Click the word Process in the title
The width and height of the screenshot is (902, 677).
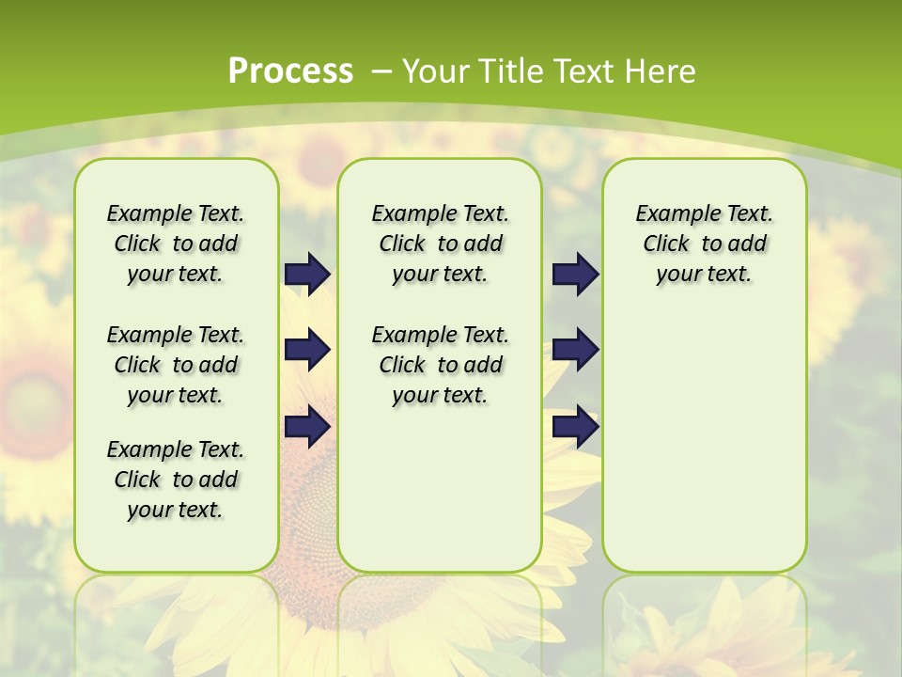click(290, 71)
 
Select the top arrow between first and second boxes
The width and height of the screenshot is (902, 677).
click(307, 274)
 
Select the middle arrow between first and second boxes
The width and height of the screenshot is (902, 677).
click(307, 350)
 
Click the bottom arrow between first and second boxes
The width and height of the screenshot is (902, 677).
click(307, 427)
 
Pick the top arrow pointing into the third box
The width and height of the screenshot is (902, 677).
click(575, 274)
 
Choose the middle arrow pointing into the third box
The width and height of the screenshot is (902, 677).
click(575, 350)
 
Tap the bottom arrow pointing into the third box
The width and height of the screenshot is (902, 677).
click(575, 427)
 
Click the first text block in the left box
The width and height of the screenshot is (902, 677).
click(176, 244)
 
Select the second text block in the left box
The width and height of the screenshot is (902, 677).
click(176, 365)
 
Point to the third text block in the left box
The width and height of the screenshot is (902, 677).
click(176, 480)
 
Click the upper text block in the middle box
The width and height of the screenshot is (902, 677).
click(440, 244)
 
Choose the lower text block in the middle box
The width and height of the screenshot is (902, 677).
click(440, 365)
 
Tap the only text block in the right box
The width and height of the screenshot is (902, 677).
click(704, 244)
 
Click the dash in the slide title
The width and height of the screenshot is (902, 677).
click(381, 71)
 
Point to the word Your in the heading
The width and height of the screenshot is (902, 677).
click(436, 71)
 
